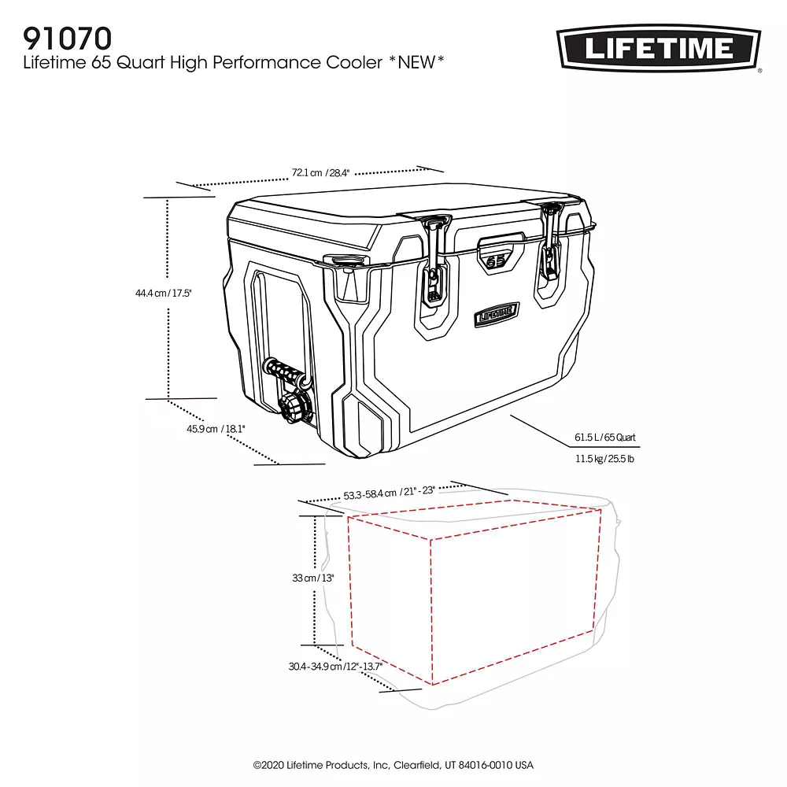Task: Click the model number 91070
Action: [67, 38]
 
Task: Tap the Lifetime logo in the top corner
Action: [659, 48]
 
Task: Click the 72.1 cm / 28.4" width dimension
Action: [320, 172]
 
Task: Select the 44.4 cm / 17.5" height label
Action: [164, 293]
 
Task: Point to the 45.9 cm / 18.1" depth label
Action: [216, 429]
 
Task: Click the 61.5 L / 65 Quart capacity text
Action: [604, 437]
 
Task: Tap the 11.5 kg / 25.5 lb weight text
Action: [604, 459]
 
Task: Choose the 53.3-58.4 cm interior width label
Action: [389, 493]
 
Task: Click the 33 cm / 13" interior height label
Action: [313, 578]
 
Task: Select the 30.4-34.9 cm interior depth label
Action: [335, 666]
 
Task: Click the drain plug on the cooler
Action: [292, 408]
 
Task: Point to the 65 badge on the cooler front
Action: [496, 260]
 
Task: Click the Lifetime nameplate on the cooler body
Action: [497, 315]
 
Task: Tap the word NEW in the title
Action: [416, 62]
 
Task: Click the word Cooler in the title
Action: [354, 62]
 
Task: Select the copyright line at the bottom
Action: [393, 765]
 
